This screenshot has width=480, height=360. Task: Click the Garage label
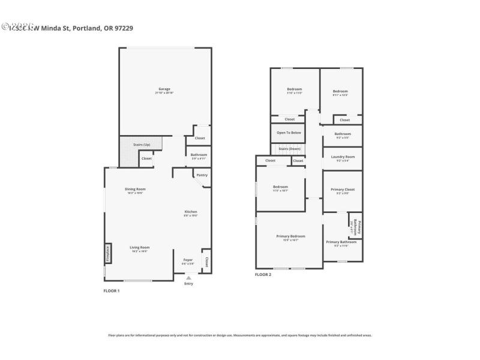click(x=164, y=89)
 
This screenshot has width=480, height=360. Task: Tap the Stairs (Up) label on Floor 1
click(x=141, y=144)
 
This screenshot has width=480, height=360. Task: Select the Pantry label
click(x=202, y=175)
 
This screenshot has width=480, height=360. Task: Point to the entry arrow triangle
click(x=188, y=278)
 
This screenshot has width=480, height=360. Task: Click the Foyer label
click(x=188, y=260)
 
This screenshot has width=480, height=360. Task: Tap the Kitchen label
click(x=190, y=211)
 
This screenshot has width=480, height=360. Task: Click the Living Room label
click(x=140, y=247)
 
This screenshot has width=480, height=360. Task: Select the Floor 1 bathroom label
click(x=199, y=155)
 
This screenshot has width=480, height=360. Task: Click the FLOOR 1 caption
click(x=112, y=291)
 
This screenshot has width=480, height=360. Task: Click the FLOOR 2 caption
click(x=263, y=274)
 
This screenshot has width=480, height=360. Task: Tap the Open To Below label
click(x=289, y=133)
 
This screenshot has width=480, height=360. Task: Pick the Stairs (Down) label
click(x=289, y=149)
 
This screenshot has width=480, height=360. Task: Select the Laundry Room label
click(x=343, y=157)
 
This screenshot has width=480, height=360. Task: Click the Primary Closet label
click(x=343, y=190)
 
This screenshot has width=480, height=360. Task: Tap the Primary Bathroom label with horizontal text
click(x=341, y=242)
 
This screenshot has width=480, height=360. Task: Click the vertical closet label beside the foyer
click(x=206, y=261)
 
